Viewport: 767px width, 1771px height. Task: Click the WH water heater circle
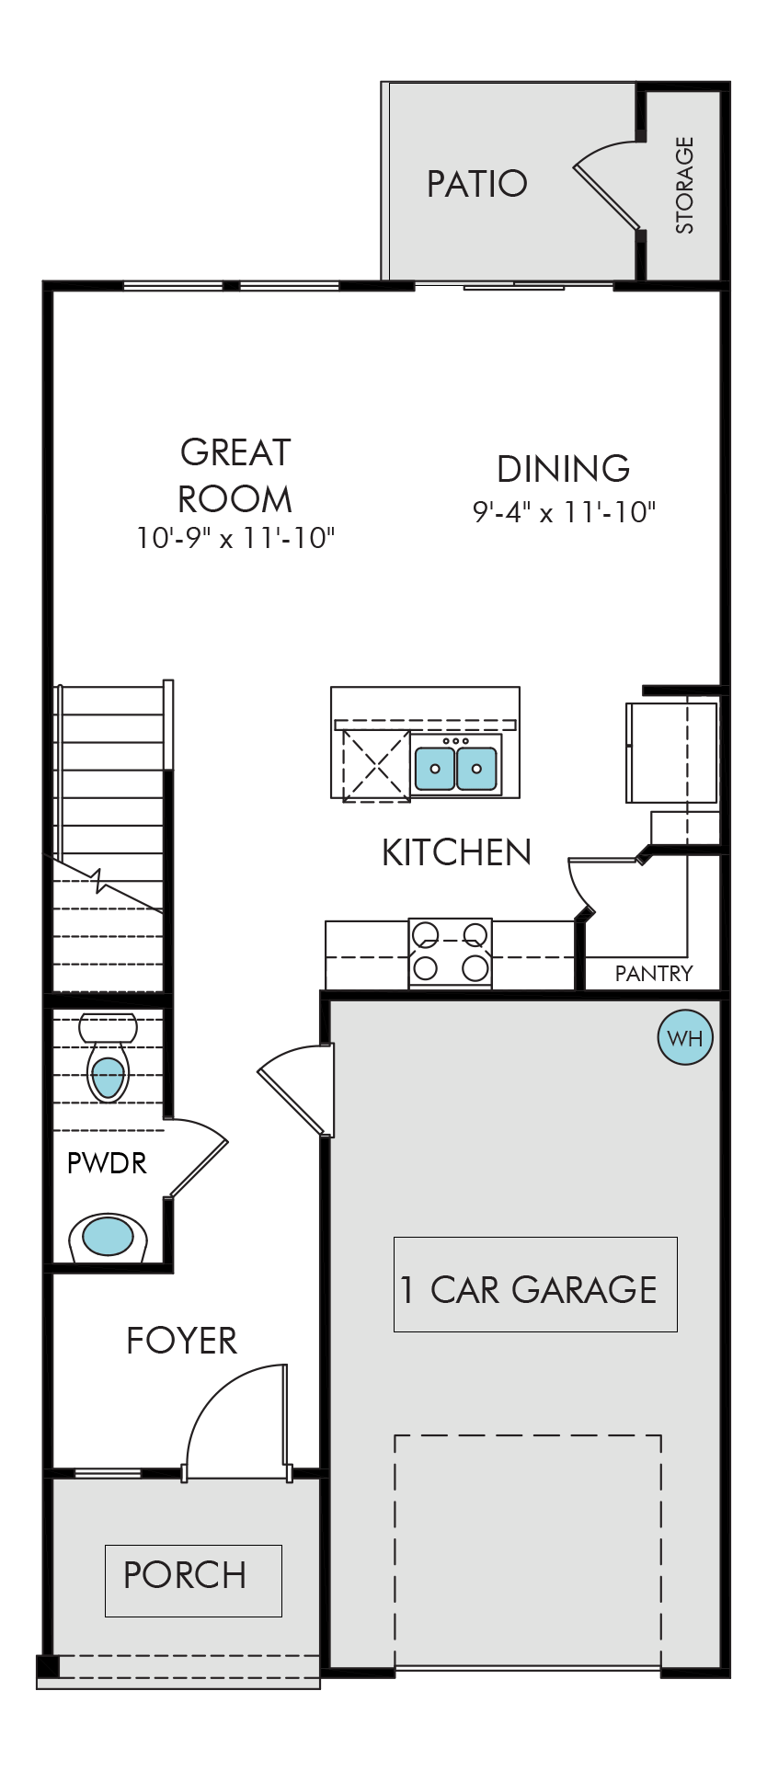(685, 1038)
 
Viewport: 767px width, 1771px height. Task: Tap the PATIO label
(476, 184)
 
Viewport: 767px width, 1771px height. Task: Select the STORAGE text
(685, 185)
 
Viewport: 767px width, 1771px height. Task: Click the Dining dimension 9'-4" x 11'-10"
(564, 511)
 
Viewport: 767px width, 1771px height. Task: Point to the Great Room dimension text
(235, 537)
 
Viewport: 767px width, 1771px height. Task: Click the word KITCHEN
(456, 852)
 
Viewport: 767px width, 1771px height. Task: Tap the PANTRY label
(654, 973)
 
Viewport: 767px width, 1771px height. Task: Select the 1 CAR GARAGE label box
(535, 1285)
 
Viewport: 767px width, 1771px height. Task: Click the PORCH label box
(193, 1581)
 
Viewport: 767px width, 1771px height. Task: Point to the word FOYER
(182, 1341)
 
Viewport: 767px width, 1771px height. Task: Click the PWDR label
(107, 1163)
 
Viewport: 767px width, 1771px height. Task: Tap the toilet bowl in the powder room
(108, 1077)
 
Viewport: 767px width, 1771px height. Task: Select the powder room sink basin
(108, 1237)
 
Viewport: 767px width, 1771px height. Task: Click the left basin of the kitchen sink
(435, 768)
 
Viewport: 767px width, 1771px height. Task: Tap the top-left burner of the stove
(425, 935)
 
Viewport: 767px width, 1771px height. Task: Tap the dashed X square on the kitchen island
(376, 765)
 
